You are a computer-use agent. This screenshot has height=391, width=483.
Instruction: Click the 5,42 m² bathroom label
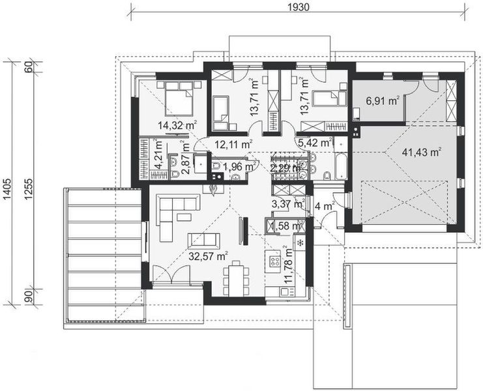tap(315, 141)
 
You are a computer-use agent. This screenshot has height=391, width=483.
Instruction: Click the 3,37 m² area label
tap(287, 203)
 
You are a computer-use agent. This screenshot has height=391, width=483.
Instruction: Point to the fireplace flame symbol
tap(212, 189)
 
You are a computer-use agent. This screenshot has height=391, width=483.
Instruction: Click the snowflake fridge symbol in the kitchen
tap(300, 242)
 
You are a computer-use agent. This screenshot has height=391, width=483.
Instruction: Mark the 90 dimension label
tap(29, 297)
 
